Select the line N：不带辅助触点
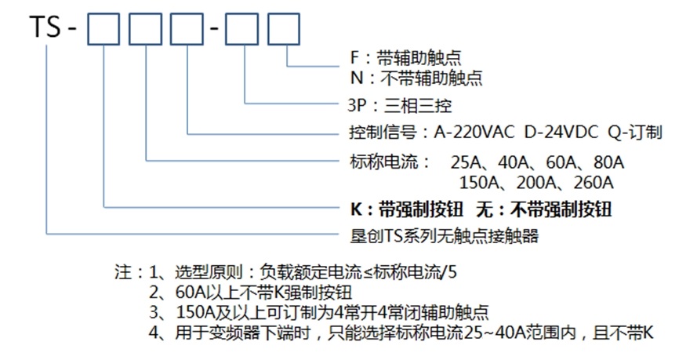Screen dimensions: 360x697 click(416, 78)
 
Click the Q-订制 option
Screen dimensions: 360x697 click(634, 132)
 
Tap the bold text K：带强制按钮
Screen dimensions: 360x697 click(407, 209)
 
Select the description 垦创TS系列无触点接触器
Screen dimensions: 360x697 click(443, 235)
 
